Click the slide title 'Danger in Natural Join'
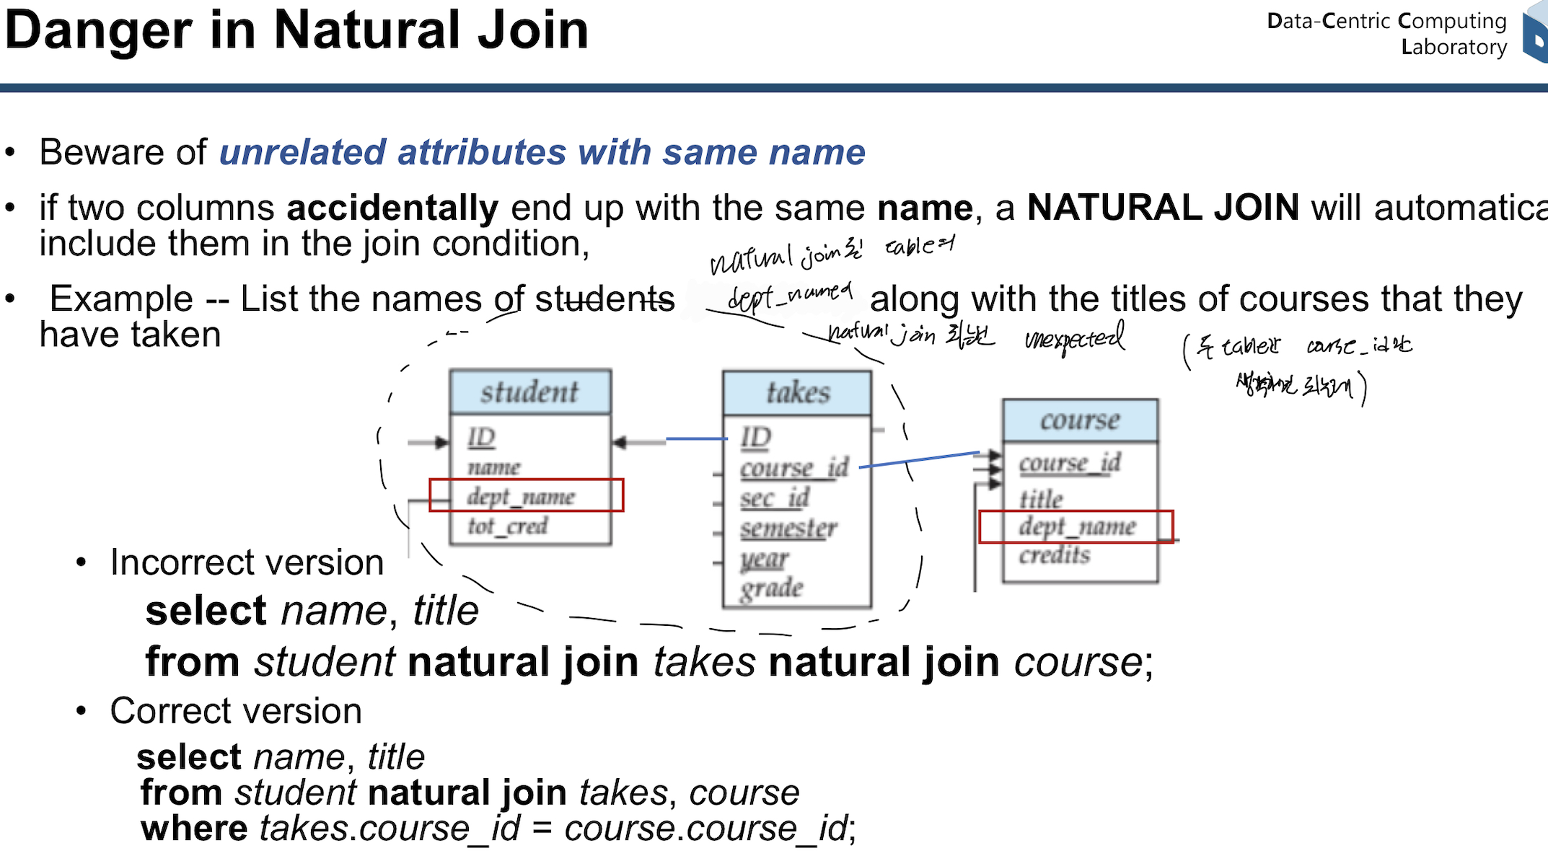tap(296, 30)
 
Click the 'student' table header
tap(529, 392)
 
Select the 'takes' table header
tap(797, 393)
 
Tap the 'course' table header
tap(1080, 420)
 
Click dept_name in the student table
tap(521, 496)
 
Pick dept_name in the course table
tap(1077, 526)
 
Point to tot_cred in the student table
tap(508, 526)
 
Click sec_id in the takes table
tap(775, 498)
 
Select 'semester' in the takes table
tap(788, 529)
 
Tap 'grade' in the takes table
tap(771, 588)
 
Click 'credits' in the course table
tap(1055, 555)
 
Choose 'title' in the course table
tap(1041, 498)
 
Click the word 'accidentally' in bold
tap(392, 208)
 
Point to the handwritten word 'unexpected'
tap(1074, 338)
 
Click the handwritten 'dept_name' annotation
tap(790, 295)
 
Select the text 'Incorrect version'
tap(247, 562)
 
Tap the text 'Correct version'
tap(236, 712)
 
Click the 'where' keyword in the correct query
tap(194, 829)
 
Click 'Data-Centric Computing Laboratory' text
tap(1386, 34)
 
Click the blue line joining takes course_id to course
tap(919, 459)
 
